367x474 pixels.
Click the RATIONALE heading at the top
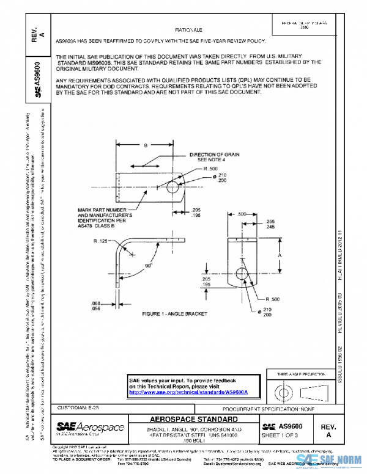[188, 30]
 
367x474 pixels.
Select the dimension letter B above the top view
[145, 146]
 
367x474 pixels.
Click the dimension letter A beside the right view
[280, 255]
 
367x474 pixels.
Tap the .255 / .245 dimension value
[266, 224]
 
